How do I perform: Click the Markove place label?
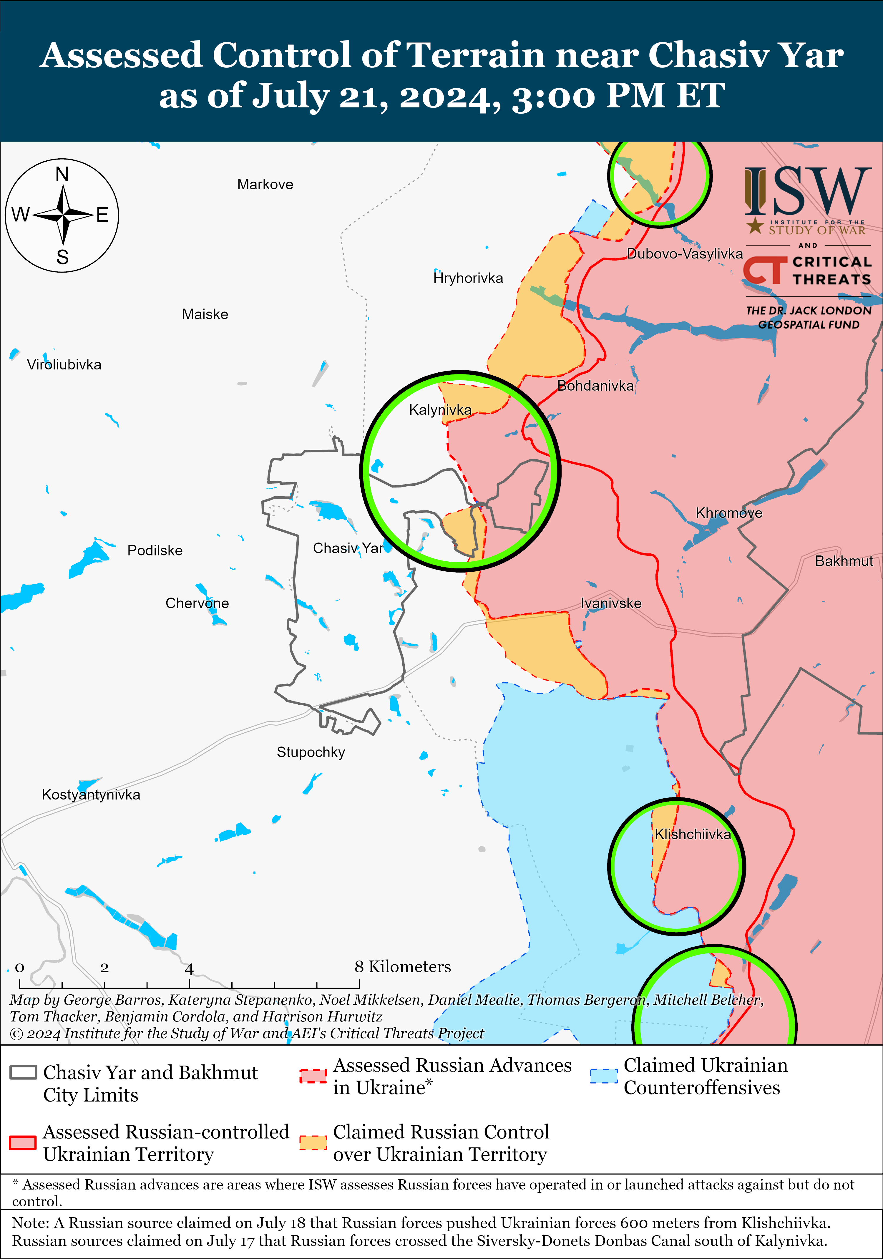[x=265, y=184]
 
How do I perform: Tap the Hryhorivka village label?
[x=468, y=278]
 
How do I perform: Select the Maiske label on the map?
[x=205, y=314]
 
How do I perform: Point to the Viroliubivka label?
[x=64, y=365]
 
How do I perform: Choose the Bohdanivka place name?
[x=595, y=386]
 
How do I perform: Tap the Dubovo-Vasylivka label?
[x=684, y=253]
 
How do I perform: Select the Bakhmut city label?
[x=844, y=561]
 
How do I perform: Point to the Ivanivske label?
[x=611, y=603]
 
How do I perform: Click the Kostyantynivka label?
[x=91, y=794]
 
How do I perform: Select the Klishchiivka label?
[x=693, y=834]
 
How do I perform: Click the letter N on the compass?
[x=62, y=174]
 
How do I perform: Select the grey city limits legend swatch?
[x=23, y=1073]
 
